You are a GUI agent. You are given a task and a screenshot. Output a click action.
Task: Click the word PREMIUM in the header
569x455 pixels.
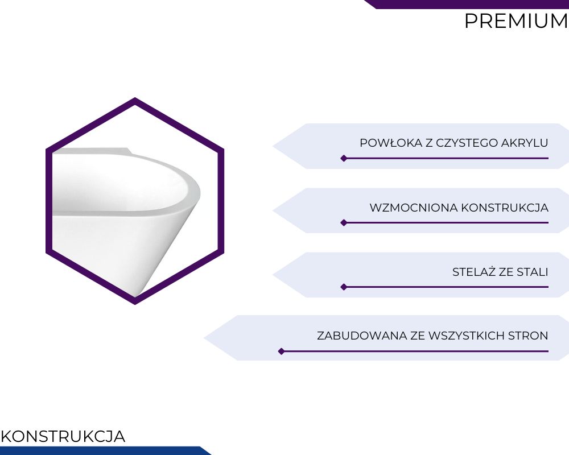click(517, 20)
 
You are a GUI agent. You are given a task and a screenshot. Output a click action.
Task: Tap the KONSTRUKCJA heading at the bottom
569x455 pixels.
click(63, 436)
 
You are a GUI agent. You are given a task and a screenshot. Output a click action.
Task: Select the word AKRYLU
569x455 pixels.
click(525, 143)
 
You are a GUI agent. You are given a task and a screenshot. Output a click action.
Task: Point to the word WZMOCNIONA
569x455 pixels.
click(414, 208)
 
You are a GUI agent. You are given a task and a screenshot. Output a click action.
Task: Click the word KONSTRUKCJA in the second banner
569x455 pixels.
click(505, 208)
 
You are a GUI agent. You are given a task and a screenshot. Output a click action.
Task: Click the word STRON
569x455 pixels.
click(528, 336)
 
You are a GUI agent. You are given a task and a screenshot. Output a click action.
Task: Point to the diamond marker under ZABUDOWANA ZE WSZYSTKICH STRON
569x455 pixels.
click(281, 351)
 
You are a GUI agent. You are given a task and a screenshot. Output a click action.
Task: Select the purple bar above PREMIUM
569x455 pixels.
click(467, 4)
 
